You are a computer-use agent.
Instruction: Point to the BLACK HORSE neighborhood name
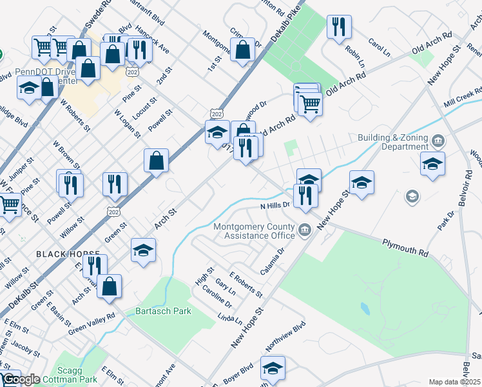click(68, 254)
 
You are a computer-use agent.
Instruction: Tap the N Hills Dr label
click(276, 206)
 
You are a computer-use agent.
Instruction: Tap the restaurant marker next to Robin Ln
click(339, 27)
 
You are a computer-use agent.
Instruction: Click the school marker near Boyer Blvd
click(273, 368)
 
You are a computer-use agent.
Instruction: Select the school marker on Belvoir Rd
click(432, 164)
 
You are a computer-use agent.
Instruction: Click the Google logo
click(21, 379)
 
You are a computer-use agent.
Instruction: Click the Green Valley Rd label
click(92, 322)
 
